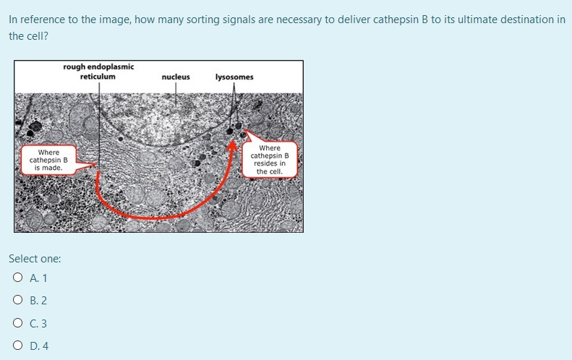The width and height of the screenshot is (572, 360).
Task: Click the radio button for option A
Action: tap(16, 278)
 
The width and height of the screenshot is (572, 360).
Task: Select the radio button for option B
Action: tap(16, 301)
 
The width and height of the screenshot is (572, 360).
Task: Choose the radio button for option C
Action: tap(16, 324)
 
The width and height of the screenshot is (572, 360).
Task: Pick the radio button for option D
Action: tap(16, 346)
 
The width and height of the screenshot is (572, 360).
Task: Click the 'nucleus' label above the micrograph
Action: tap(176, 77)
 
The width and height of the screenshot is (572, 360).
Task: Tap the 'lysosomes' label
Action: tap(234, 77)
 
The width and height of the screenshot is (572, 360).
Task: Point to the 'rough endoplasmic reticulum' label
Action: tap(98, 72)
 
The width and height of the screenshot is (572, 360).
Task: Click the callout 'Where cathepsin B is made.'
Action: tap(48, 160)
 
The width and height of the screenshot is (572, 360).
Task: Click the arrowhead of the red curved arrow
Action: tap(233, 147)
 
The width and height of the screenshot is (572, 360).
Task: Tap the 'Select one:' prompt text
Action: tap(35, 258)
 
